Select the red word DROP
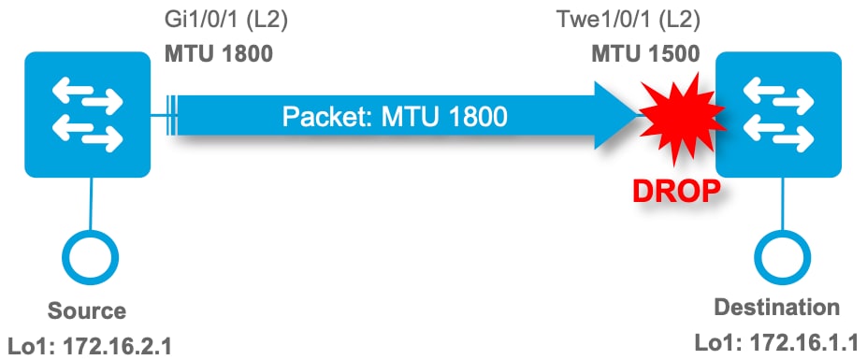pos(675,191)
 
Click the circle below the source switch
pos(91,255)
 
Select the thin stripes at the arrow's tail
pos(170,116)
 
